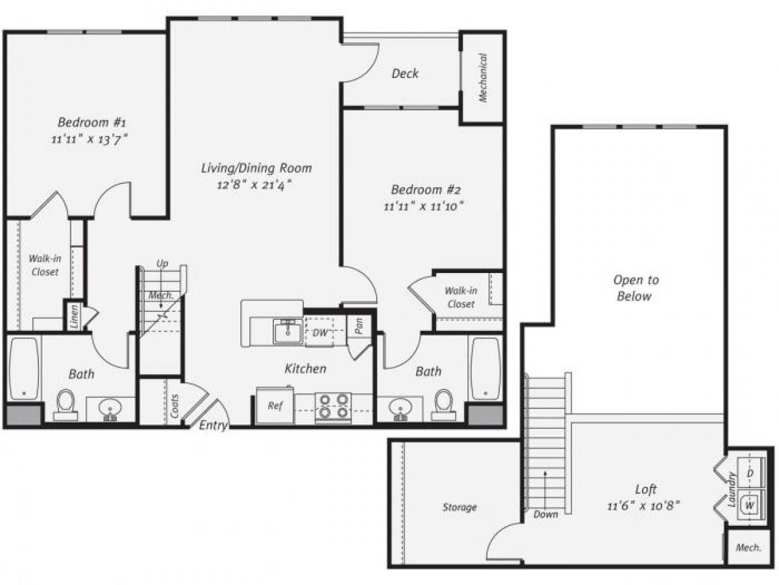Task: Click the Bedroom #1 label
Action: coord(92,122)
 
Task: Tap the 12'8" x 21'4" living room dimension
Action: coord(255,184)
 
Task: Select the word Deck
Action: coord(405,73)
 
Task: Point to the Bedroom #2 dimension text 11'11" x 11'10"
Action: coord(425,206)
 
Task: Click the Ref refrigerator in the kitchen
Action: coord(275,405)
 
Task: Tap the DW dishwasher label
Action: coord(319,333)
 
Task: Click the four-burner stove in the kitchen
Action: coord(333,406)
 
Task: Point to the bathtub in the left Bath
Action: coord(24,368)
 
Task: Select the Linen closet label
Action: coord(74,317)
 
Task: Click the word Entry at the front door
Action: coord(213,426)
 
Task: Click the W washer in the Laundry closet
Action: coord(750,504)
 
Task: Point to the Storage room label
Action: coord(460,507)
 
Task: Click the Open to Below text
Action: coord(636,288)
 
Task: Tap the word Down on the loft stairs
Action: coord(545,514)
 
